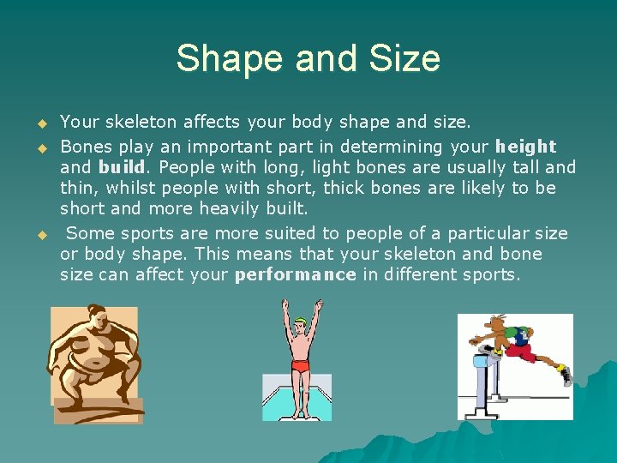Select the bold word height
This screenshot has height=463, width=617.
525,147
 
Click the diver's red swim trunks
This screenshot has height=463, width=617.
301,366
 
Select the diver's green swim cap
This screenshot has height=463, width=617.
299,324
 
